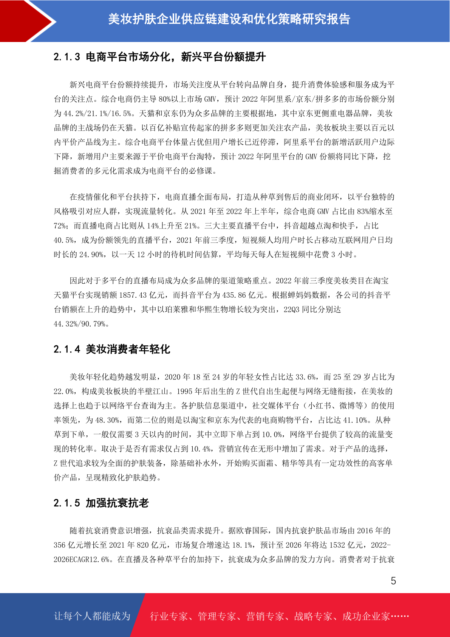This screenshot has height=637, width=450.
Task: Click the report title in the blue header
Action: (x=229, y=19)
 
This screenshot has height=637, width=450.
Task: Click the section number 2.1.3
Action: (x=67, y=57)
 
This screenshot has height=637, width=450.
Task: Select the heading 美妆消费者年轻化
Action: (x=128, y=349)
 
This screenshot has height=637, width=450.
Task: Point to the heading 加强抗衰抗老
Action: (x=117, y=503)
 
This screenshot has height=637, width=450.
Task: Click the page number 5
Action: (x=393, y=581)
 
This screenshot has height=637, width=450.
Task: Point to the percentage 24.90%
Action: (x=91, y=255)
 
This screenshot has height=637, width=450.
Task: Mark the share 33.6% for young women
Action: (x=306, y=377)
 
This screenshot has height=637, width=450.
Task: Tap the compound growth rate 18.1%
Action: (x=243, y=545)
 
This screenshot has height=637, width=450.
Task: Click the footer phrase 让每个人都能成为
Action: (x=92, y=616)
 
